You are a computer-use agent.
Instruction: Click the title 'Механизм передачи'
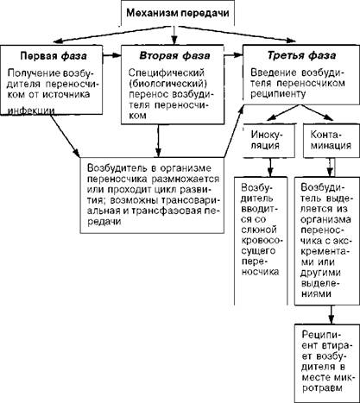[178, 13]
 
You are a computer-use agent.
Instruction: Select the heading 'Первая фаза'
[54, 56]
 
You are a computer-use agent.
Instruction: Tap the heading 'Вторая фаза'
[174, 55]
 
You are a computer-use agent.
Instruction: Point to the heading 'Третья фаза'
[301, 55]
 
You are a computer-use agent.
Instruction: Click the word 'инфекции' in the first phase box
[31, 111]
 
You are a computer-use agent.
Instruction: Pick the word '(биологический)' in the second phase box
[168, 84]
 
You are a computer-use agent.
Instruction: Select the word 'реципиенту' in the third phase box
[278, 94]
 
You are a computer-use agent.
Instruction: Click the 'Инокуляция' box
[268, 141]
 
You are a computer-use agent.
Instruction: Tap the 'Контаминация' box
[332, 141]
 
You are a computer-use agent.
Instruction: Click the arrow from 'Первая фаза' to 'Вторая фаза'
[111, 55]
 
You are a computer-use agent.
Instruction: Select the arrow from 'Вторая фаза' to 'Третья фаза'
[233, 55]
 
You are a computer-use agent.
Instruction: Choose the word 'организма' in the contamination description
[325, 220]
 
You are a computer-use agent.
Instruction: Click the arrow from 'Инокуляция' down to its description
[270, 167]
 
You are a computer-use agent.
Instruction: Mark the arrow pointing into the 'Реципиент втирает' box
[332, 315]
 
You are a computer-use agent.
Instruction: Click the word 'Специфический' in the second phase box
[167, 72]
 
